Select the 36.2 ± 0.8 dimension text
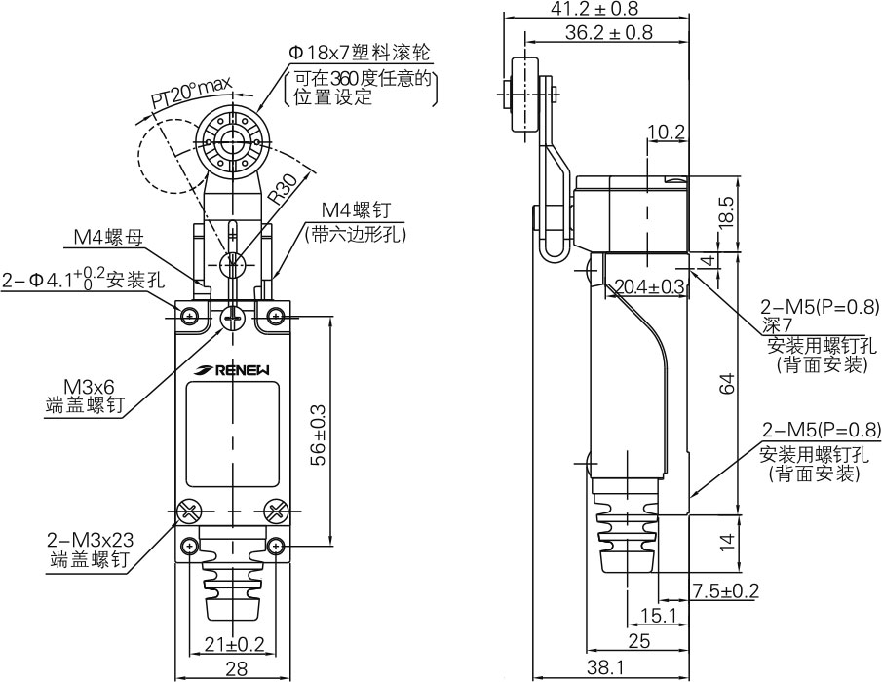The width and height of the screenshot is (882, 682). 609,32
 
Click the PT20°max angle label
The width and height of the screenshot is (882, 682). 185,94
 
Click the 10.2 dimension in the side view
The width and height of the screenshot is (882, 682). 666,132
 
